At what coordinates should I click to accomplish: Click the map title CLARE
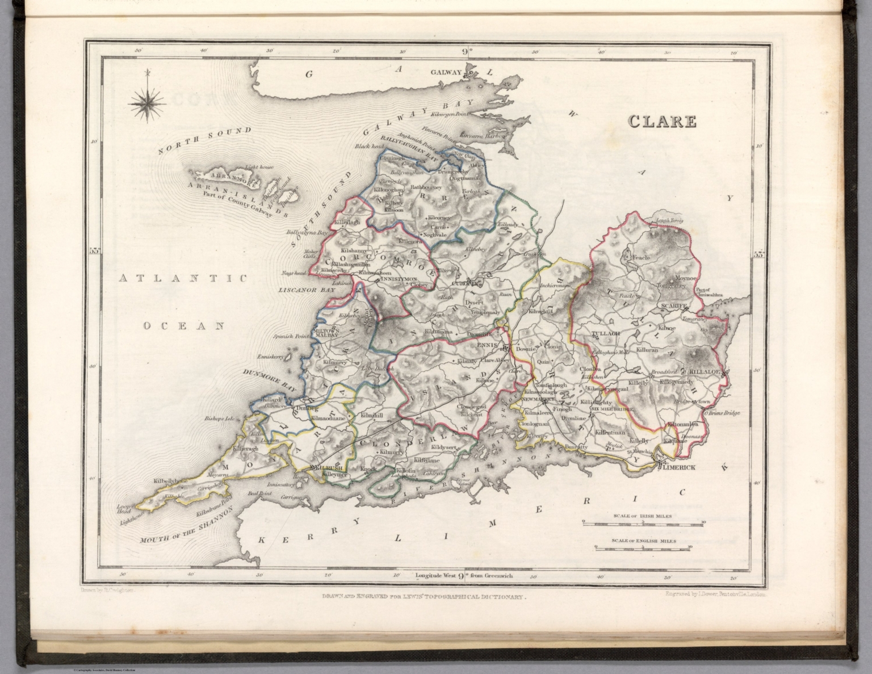point(662,121)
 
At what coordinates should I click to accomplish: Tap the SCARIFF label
point(674,305)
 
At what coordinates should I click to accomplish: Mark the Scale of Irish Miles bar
point(642,522)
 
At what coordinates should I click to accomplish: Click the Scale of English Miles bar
point(642,547)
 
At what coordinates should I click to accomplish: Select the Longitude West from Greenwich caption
point(464,575)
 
